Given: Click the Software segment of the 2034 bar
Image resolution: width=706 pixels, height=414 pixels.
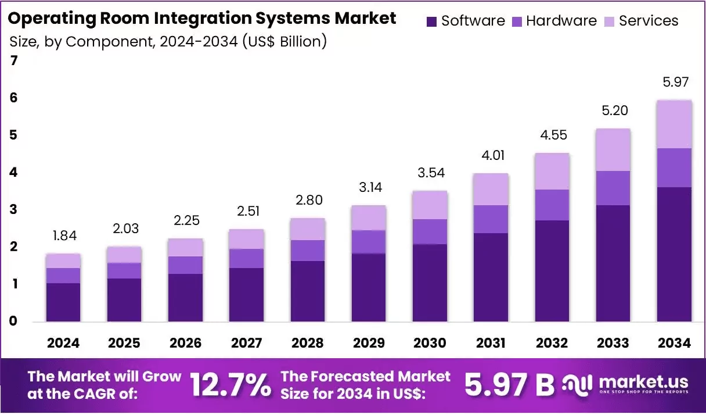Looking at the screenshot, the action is coord(674,254).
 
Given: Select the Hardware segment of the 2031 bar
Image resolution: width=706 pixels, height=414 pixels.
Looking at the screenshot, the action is coord(491,219).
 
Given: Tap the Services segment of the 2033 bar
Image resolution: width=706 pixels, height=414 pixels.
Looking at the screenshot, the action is coord(613,150).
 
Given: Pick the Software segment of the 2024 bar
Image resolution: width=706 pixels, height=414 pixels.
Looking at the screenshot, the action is coord(63,302).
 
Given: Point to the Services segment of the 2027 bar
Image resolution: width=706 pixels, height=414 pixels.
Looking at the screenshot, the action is coord(247,239).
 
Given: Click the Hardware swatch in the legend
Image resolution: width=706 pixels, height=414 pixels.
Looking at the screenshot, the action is coord(517,22).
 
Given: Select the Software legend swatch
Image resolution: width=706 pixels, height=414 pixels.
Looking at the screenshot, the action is coord(431,22).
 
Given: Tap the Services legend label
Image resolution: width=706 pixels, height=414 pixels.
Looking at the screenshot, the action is coord(649,21).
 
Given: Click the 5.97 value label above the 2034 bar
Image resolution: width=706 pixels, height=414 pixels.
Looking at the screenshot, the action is coord(675,82).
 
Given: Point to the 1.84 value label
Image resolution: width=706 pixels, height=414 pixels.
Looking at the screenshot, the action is coord(64,235).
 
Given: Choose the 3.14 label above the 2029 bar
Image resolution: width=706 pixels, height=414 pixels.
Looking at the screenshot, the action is coord(370,187).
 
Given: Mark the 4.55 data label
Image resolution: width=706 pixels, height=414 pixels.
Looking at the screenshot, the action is coord(553,135).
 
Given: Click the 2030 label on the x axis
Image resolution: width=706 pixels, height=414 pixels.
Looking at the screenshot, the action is coord(430,343).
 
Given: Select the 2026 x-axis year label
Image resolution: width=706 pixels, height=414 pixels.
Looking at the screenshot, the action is coord(185,343).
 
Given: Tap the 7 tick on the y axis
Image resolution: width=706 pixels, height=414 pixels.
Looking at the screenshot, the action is coord(13,60).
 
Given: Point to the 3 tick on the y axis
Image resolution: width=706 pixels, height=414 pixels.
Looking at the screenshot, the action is coord(13,209).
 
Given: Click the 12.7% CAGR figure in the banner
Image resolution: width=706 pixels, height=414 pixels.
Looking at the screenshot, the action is coord(230,385).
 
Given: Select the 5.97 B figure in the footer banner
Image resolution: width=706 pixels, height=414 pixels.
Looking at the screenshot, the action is coord(509,385).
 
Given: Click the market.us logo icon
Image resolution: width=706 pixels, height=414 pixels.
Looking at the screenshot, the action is coord(578,386).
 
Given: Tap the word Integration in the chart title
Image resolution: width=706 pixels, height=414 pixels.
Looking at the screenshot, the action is coord(203,18).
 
